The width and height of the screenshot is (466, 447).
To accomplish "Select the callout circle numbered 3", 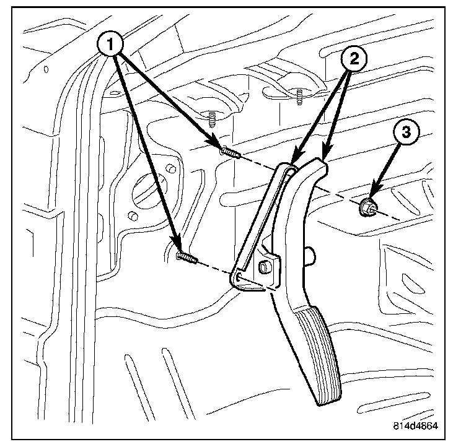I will [x=406, y=133].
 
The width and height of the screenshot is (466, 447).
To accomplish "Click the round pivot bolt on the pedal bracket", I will [x=263, y=266].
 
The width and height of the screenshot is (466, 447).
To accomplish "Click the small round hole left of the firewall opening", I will [x=131, y=216].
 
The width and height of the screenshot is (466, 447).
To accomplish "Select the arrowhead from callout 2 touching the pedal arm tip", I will [x=325, y=155].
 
